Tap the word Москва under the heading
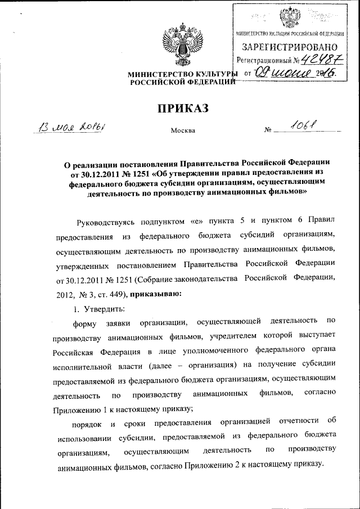(183, 131)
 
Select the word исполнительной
(86, 364)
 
